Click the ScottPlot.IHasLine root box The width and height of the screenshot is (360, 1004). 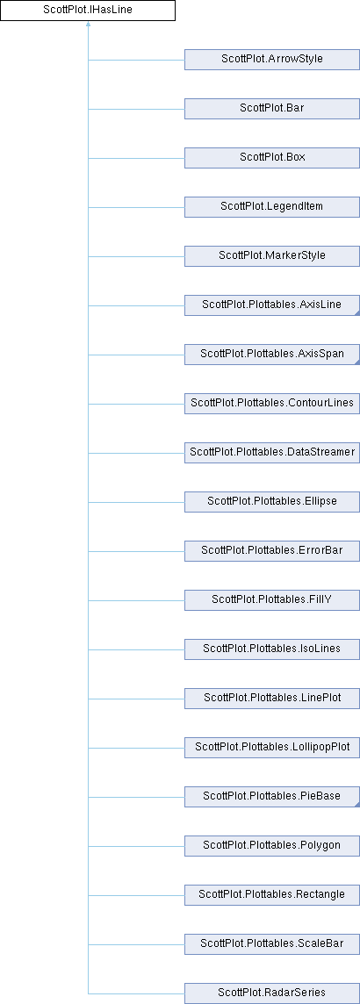click(88, 11)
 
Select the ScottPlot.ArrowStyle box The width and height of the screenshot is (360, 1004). click(271, 60)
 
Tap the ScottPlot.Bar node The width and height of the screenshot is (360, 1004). click(271, 108)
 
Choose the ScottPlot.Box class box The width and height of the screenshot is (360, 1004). click(271, 157)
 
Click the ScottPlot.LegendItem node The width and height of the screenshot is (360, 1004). click(271, 207)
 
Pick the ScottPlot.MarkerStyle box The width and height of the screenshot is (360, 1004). click(271, 256)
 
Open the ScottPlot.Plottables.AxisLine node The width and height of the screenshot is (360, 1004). click(271, 305)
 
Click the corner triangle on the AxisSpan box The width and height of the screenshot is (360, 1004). click(356, 362)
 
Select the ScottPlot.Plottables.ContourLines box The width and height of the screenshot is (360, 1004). click(271, 404)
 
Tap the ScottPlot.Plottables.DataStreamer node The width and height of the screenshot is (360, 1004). click(271, 453)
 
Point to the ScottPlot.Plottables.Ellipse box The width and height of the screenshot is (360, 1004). click(271, 501)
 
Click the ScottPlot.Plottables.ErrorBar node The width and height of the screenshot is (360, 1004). click(271, 550)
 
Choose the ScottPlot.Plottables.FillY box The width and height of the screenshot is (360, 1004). click(271, 600)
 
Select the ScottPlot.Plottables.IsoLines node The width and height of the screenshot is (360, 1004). click(271, 649)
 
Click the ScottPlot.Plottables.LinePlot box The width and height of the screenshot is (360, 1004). click(271, 698)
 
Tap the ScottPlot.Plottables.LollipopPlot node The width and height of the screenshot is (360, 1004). click(271, 747)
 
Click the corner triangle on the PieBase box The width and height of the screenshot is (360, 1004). click(356, 804)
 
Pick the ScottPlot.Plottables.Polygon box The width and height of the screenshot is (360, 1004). click(271, 846)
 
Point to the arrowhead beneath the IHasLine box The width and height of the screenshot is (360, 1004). click(88, 25)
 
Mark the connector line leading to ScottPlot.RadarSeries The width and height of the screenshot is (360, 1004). click(136, 993)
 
